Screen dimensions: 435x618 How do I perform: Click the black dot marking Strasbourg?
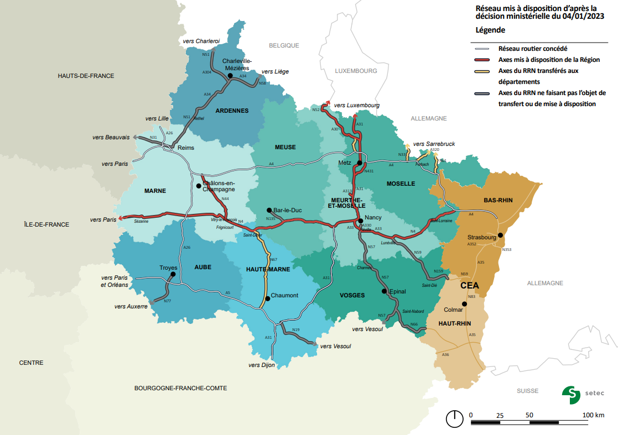500,235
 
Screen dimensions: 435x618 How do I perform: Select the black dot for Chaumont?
267,298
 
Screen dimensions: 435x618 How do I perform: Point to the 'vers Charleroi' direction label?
201,41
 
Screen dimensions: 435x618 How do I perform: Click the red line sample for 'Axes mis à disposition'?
482,60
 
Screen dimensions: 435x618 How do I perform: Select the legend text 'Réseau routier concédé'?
533,49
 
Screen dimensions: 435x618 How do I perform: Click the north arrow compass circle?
455,418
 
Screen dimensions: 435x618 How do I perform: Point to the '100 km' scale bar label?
593,415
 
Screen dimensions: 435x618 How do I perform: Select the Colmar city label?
453,310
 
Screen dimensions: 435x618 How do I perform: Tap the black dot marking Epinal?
384,291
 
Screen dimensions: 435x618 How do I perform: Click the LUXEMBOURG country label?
356,71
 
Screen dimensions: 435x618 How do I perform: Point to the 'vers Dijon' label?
262,365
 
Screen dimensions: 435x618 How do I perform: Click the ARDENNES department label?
232,111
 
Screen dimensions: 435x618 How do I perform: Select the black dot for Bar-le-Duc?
268,210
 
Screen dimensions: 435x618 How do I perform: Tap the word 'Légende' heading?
490,29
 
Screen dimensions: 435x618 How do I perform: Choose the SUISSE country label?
527,391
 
